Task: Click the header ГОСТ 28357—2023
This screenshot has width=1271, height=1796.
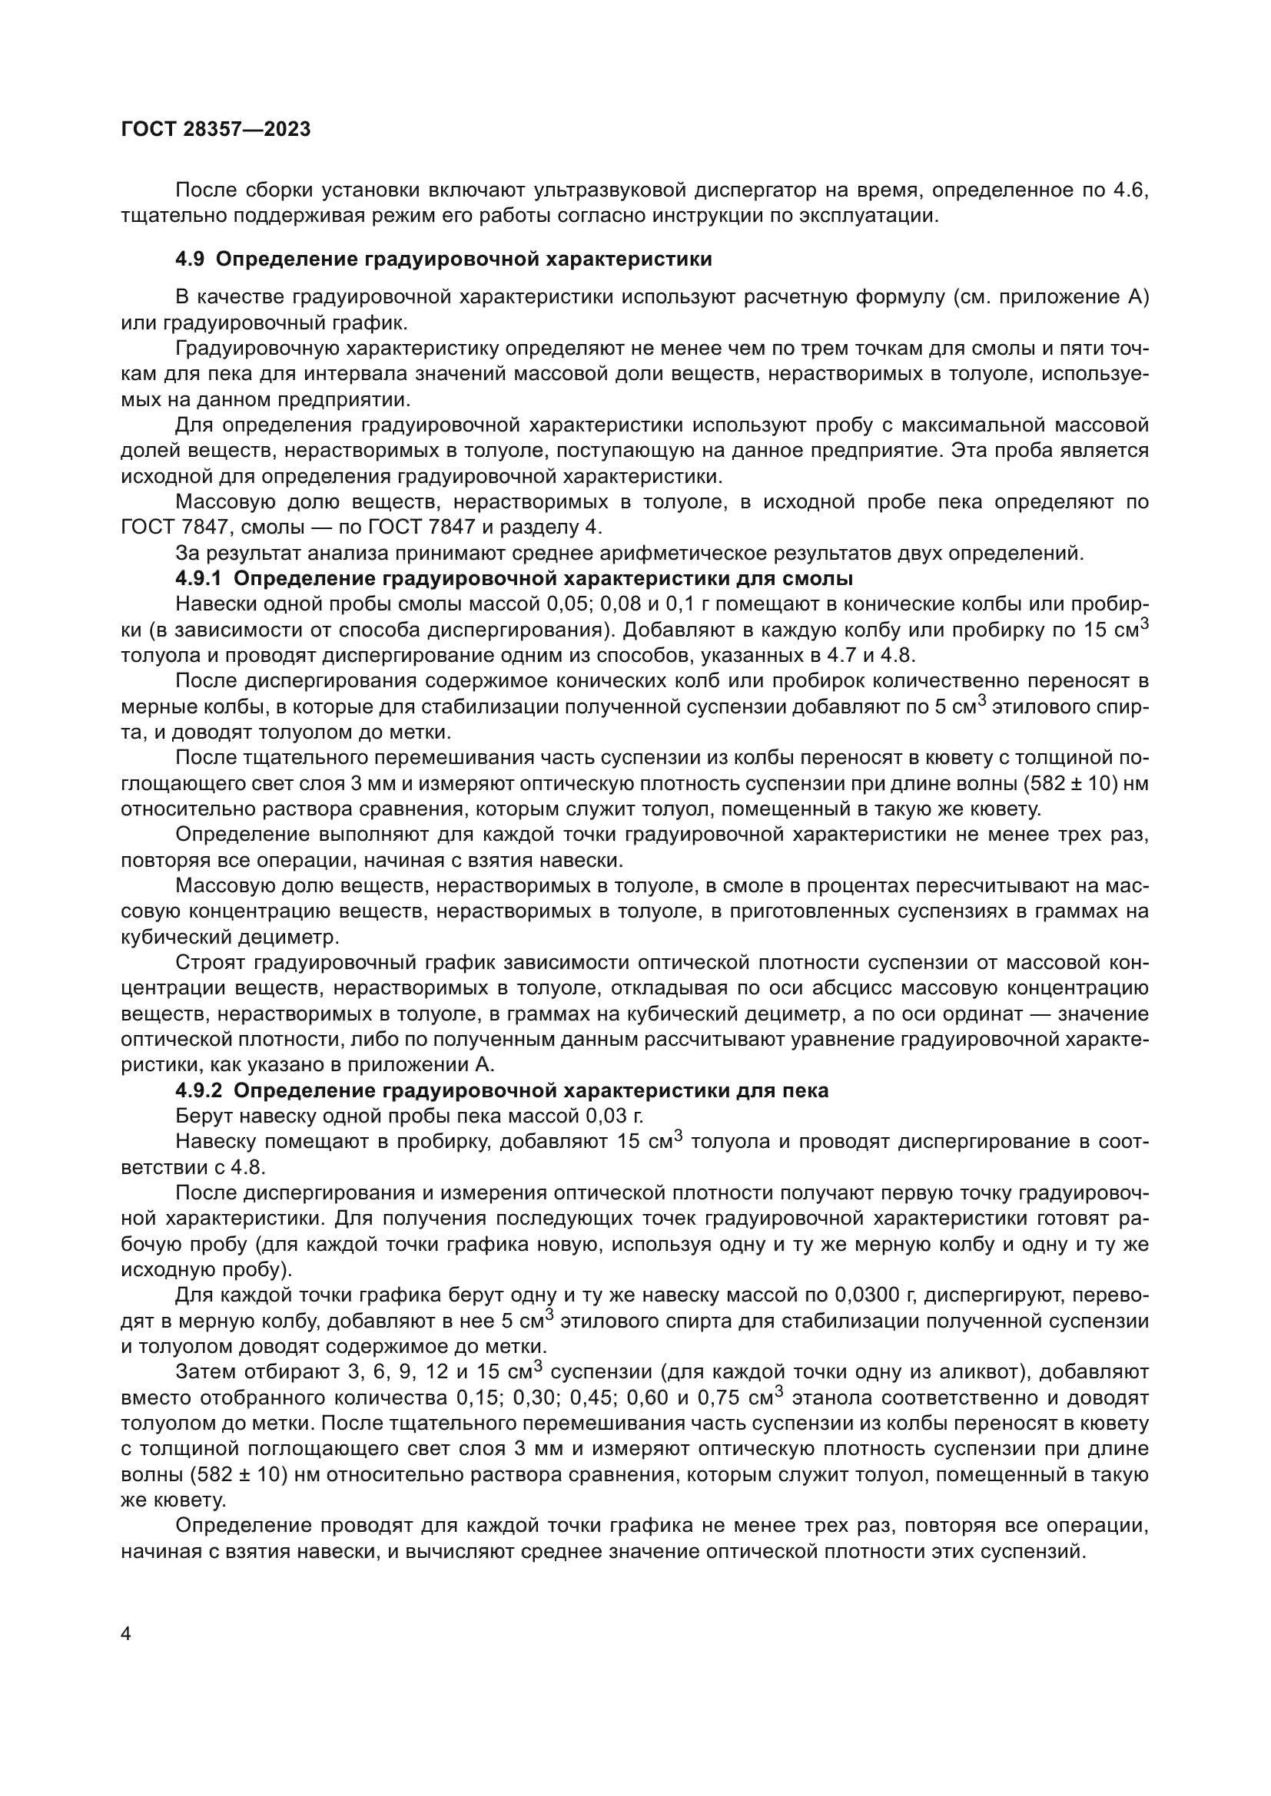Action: coord(216,129)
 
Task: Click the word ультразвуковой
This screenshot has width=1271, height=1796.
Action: coord(609,190)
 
